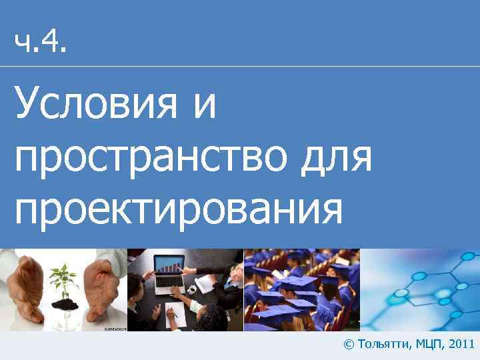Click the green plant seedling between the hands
tap(64, 280)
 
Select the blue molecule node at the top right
tap(468, 257)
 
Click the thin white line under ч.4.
tap(240, 67)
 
